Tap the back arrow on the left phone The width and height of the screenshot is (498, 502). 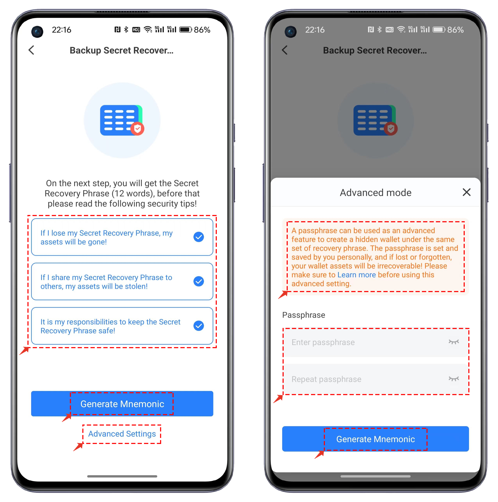click(31, 50)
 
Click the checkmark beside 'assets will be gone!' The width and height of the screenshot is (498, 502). click(199, 237)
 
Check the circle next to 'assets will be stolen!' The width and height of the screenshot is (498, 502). click(199, 281)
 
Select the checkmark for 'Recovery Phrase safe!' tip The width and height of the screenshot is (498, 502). click(199, 326)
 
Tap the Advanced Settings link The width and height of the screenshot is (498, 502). click(122, 434)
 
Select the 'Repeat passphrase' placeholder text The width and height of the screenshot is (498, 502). click(326, 379)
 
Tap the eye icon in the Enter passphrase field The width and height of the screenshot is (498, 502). click(454, 342)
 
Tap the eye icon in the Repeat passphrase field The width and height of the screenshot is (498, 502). click(454, 379)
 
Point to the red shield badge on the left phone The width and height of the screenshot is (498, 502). click(137, 129)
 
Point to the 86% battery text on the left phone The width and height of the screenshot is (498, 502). click(202, 30)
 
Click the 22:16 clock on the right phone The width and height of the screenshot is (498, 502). click(315, 30)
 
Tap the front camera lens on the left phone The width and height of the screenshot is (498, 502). click(37, 32)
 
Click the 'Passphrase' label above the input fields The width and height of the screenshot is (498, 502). click(304, 315)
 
